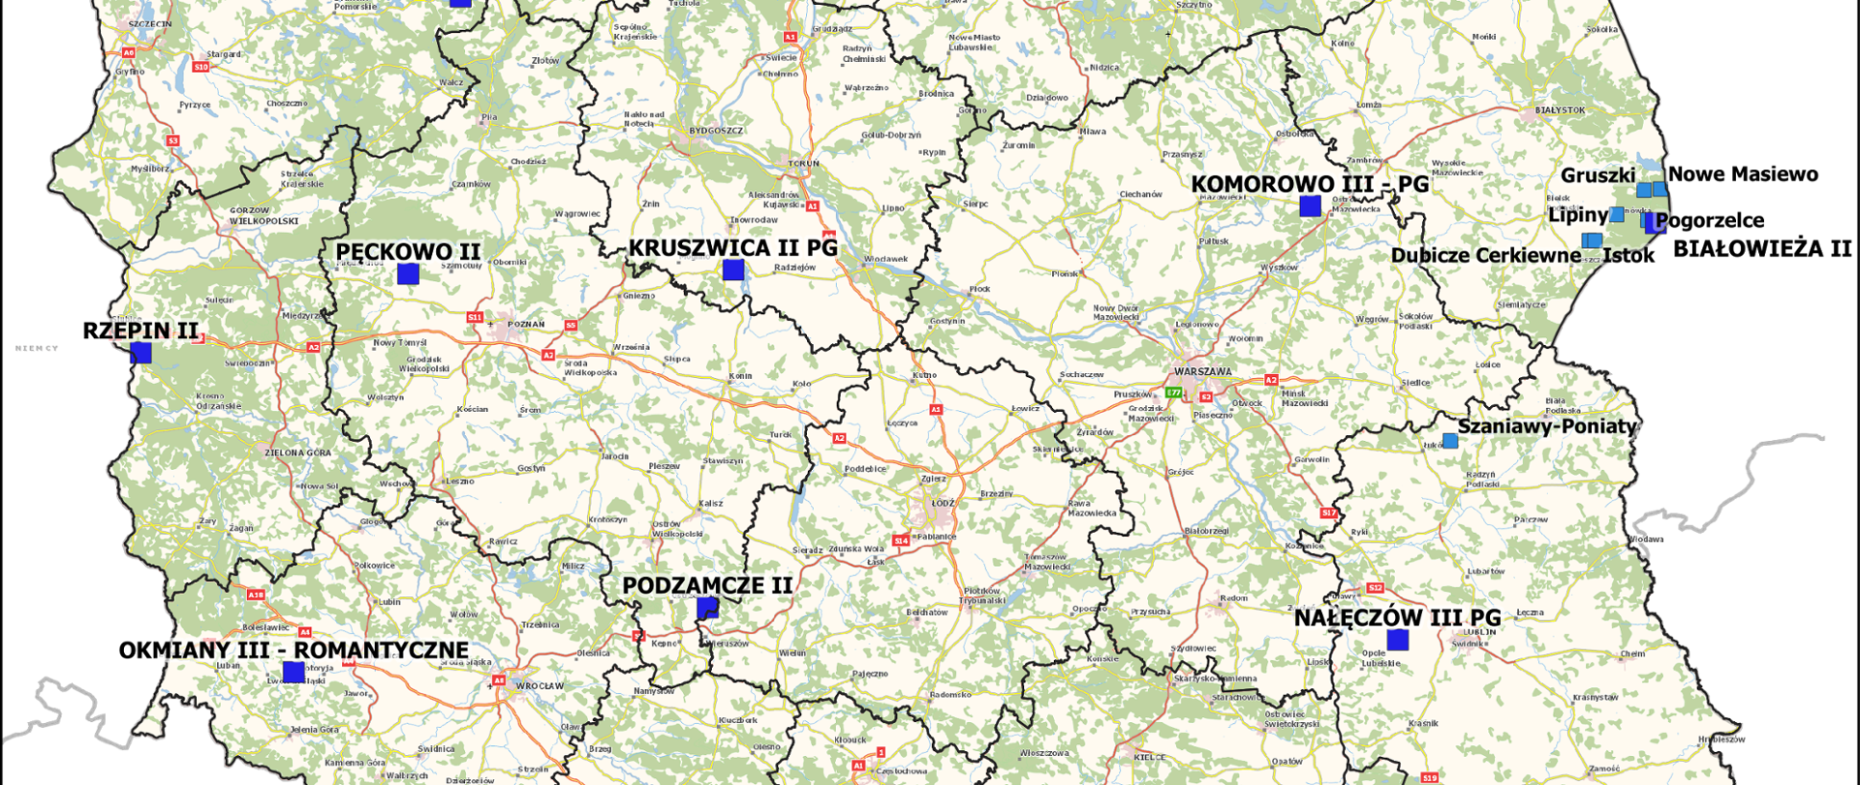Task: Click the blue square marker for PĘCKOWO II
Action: (408, 274)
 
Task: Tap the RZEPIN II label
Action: (140, 330)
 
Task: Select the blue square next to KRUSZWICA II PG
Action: (733, 269)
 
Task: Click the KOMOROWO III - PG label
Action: (1309, 184)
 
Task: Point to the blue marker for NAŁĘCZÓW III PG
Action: (1397, 640)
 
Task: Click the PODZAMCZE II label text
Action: (707, 585)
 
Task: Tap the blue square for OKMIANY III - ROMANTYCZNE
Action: (294, 672)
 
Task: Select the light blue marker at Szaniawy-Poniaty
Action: (1450, 441)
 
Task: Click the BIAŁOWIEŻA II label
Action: (1762, 249)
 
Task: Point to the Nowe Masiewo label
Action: (1743, 174)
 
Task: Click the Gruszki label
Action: (1597, 175)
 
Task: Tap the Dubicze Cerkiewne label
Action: (1485, 256)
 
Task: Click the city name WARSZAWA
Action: (1202, 372)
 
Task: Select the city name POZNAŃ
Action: (526, 325)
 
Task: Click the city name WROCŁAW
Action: (540, 686)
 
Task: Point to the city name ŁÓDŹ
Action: (943, 503)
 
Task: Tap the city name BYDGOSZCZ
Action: (716, 131)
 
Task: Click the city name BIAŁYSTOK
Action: (1560, 110)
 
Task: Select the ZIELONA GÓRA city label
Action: (298, 453)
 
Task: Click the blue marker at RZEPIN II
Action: (140, 353)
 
